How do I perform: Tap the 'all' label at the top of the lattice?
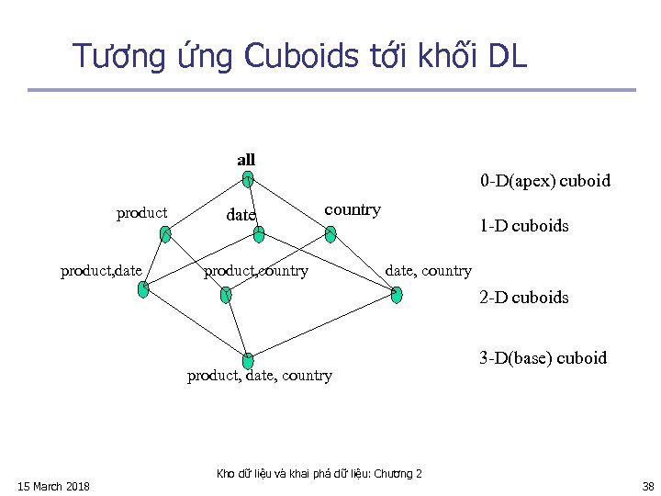pos(246,160)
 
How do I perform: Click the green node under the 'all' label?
pos(248,181)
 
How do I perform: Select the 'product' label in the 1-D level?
pos(142,213)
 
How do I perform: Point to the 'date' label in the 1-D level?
pos(241,215)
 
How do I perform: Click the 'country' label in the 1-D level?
pos(353,209)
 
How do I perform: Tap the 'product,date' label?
pos(101,270)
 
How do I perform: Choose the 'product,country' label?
pos(256,271)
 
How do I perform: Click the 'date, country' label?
pos(428,270)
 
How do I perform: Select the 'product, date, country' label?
pos(260,375)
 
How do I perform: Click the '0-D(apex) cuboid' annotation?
pos(544,181)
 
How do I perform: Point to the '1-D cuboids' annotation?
pos(523,225)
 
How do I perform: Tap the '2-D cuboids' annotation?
pos(523,298)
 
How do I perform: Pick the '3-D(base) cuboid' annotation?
pos(543,358)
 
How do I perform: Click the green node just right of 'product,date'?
pos(143,288)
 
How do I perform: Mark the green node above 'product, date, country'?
pos(247,360)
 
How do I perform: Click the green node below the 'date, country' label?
pos(396,294)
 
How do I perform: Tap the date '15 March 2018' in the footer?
pos(54,486)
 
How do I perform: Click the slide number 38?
pos(647,486)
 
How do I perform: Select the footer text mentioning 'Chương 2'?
pos(319,474)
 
